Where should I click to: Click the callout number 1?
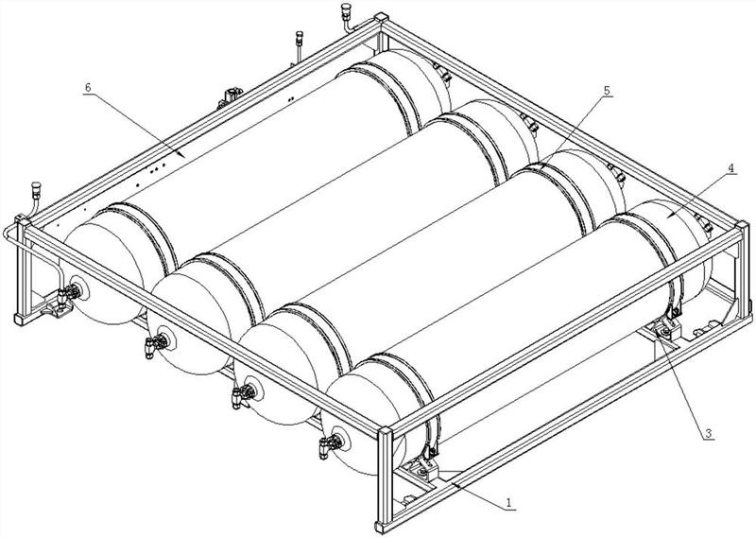(x=509, y=503)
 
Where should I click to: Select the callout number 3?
(x=708, y=433)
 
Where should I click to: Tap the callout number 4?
(x=730, y=168)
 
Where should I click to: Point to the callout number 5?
(x=607, y=90)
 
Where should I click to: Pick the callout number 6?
(x=88, y=87)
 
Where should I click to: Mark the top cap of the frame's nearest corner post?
(x=386, y=432)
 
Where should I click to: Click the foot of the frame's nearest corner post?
(x=385, y=527)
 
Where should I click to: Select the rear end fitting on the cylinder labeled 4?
(x=706, y=224)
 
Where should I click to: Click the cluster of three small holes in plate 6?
(x=158, y=168)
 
